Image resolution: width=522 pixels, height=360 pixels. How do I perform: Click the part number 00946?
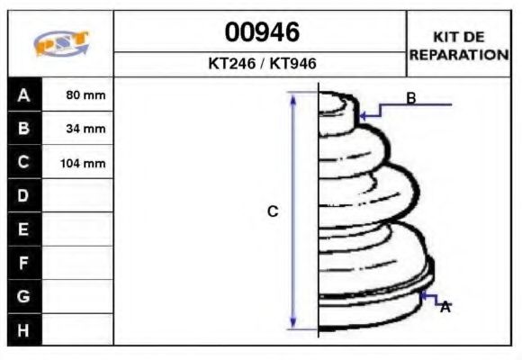(261, 33)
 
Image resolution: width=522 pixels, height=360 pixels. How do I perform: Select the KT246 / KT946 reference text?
(261, 64)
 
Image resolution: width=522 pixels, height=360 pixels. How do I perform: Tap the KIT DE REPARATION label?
(459, 45)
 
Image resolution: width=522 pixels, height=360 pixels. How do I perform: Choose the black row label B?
(24, 129)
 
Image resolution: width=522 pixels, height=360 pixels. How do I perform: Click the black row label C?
(24, 163)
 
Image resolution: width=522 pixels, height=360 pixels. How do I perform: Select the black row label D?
(24, 196)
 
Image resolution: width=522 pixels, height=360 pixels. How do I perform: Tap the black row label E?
(24, 229)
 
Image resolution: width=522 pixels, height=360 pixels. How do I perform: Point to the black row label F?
(24, 263)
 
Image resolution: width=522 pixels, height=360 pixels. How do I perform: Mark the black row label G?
(24, 296)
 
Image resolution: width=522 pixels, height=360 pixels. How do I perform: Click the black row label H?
(24, 330)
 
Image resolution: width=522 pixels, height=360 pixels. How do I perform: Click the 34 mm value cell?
(78, 129)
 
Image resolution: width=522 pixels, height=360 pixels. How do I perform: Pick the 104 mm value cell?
(78, 163)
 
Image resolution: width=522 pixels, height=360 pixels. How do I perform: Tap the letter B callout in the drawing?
(411, 98)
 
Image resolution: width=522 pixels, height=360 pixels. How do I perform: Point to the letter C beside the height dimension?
(274, 211)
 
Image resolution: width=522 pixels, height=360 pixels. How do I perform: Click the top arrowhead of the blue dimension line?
(292, 96)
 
